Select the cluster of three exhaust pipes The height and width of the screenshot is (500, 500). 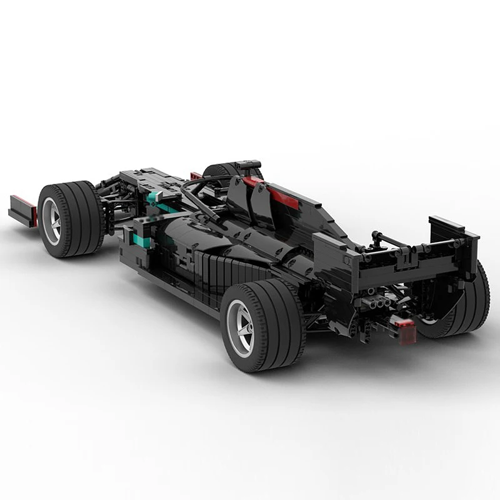[379, 304]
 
